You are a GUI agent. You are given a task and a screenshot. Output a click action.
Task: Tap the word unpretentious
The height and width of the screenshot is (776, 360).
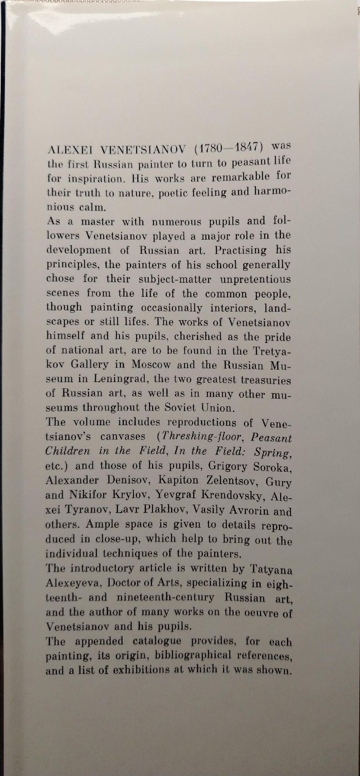tap(255, 279)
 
